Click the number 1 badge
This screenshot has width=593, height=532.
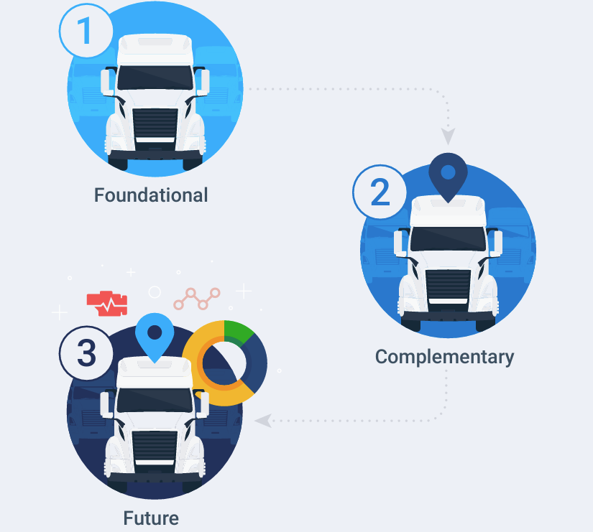tap(85, 32)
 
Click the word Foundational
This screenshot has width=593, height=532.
tap(151, 195)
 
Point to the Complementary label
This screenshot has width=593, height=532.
tap(444, 356)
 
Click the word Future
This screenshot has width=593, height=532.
tap(151, 518)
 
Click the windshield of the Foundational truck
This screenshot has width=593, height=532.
tap(155, 78)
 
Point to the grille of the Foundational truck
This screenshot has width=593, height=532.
tap(155, 123)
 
